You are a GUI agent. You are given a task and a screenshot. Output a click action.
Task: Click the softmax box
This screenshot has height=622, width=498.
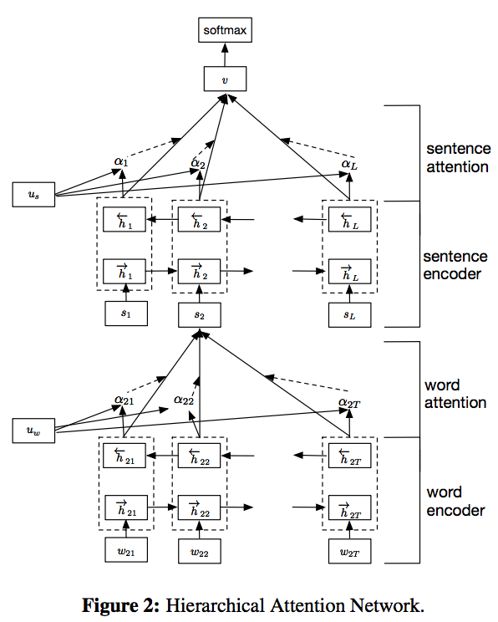point(226,30)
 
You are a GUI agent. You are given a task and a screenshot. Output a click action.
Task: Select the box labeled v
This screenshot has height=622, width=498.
point(226,79)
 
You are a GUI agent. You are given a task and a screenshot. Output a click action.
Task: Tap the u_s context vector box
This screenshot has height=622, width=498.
point(33,194)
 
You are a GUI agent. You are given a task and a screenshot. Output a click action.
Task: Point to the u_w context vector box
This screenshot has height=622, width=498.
point(33,431)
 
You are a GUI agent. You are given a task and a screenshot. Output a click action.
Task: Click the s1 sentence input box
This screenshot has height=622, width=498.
point(126,314)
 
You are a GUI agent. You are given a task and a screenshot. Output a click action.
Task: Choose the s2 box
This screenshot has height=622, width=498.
point(200,315)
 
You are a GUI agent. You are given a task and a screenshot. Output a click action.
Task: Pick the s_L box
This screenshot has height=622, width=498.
point(350,315)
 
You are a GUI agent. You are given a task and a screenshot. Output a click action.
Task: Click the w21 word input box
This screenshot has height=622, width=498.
point(126,550)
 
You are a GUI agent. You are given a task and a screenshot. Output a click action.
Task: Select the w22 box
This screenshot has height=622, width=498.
point(200,551)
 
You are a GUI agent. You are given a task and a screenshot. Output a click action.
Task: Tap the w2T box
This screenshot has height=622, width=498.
point(350,551)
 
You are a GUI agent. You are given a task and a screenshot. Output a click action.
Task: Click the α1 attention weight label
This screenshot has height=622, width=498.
point(121,162)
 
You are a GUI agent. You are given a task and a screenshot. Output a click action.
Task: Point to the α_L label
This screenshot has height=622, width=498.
point(349,165)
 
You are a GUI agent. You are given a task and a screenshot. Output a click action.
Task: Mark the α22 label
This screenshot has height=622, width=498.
point(184,400)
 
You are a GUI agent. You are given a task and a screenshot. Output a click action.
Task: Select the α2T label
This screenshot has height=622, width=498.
point(349,404)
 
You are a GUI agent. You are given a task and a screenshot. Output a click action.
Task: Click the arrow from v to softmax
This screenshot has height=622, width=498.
point(225,54)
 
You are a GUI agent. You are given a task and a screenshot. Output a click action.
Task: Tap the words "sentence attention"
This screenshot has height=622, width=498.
point(459,158)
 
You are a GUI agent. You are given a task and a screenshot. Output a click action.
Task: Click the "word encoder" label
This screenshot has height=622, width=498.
point(455,502)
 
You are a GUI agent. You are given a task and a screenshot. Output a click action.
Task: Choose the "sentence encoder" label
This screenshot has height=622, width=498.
point(455,265)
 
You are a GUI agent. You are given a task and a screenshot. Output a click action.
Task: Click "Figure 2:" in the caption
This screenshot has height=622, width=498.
point(121,606)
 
